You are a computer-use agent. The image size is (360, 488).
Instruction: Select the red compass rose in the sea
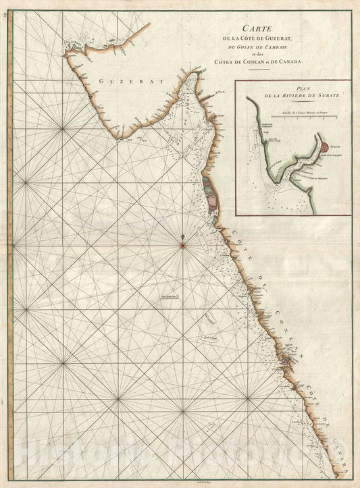pos(183,244)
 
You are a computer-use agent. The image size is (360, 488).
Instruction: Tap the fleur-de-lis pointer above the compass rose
pos(183,236)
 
